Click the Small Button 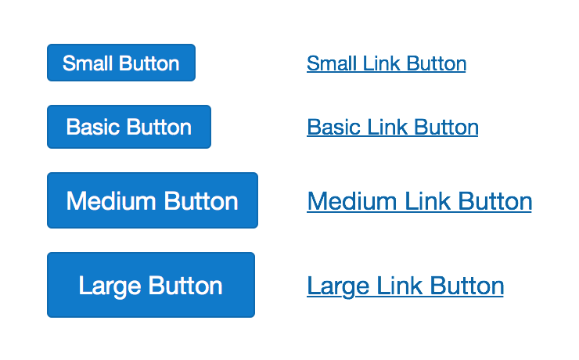[x=120, y=63]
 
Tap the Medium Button [x=152, y=200]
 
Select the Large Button [x=151, y=285]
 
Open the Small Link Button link [x=386, y=63]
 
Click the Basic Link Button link [x=392, y=127]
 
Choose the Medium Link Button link [x=419, y=201]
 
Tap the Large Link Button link [x=405, y=285]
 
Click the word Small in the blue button [x=88, y=63]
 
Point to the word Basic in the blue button [x=93, y=127]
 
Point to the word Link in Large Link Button [x=400, y=285]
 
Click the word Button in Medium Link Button [x=495, y=201]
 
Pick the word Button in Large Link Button [x=467, y=285]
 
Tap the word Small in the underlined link [x=332, y=63]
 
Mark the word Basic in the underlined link [x=333, y=127]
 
